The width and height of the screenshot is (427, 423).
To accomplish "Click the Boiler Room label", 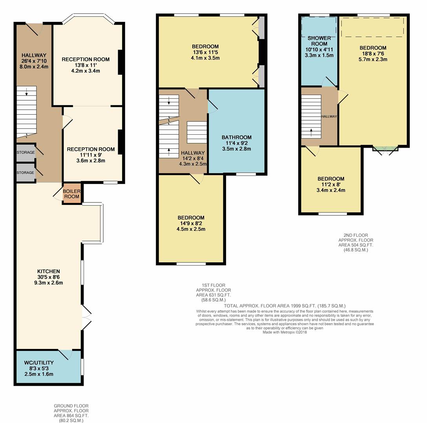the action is tap(71, 194).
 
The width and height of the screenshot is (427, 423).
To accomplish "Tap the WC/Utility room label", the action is tap(39, 363).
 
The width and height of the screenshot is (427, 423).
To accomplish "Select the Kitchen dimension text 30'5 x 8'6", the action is tap(49, 277).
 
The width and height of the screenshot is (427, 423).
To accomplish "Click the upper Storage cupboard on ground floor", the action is tap(26, 152).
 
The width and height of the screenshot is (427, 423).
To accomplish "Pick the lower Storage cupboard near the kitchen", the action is tap(26, 173).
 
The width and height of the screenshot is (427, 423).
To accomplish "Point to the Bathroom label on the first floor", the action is tap(236, 137).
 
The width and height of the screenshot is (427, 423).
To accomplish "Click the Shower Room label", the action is tap(319, 41).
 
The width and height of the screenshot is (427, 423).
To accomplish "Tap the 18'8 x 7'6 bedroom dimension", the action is tap(373, 54).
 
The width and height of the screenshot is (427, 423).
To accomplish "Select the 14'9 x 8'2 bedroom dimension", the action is tap(191, 224).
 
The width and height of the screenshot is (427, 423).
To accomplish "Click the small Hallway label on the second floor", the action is tap(329, 116).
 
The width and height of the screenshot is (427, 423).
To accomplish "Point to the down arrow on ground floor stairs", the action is tap(26, 92).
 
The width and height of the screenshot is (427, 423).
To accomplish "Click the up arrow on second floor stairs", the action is tap(311, 133).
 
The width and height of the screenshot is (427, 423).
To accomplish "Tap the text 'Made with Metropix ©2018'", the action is tap(285, 332).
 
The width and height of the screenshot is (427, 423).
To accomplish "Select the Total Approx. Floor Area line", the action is tap(285, 306).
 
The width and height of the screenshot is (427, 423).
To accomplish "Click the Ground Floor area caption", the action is tap(71, 413).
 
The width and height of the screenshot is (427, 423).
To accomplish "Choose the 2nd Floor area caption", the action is tap(356, 242).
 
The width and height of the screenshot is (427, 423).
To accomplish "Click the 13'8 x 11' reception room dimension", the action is tap(86, 65).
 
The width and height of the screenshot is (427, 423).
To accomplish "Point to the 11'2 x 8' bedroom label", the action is tap(331, 184).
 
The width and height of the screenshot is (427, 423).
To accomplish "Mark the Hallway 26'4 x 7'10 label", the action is tap(34, 61).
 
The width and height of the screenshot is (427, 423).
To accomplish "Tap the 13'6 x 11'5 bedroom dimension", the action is tap(205, 52).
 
